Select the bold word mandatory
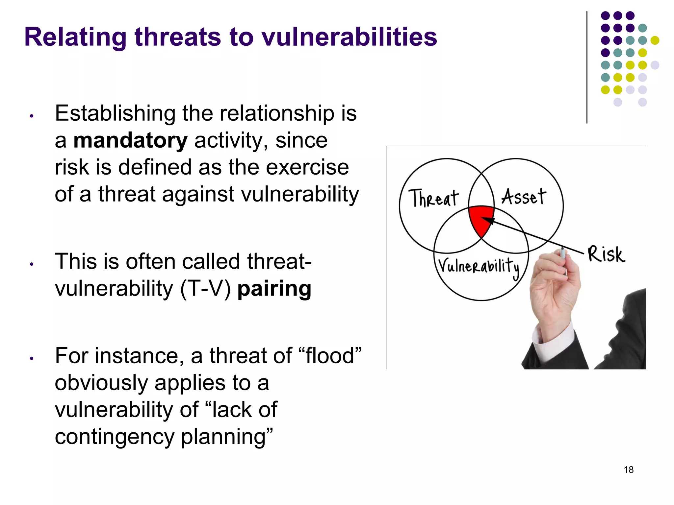coord(130,140)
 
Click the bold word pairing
coord(274,289)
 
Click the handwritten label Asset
coord(523,197)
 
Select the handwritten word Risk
coord(606,254)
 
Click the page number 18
coord(629,469)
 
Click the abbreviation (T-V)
coord(206,289)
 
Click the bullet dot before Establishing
coord(32,116)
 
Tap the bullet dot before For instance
coord(32,358)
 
